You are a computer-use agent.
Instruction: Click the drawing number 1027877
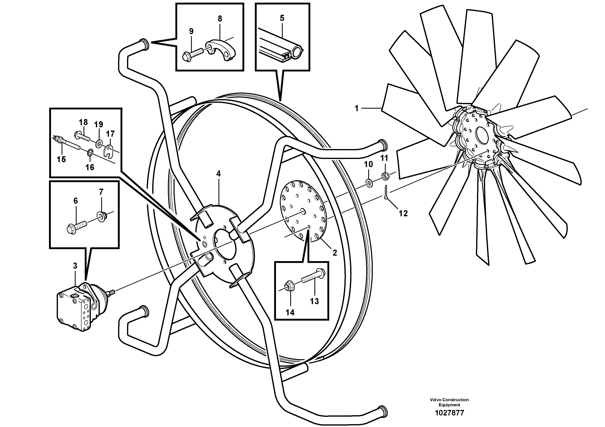point(449,413)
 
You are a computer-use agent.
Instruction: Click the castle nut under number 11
point(385,176)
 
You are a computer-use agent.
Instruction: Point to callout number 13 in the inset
point(314,301)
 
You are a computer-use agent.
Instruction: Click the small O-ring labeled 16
point(90,152)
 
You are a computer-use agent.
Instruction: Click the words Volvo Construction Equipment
point(449,402)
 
